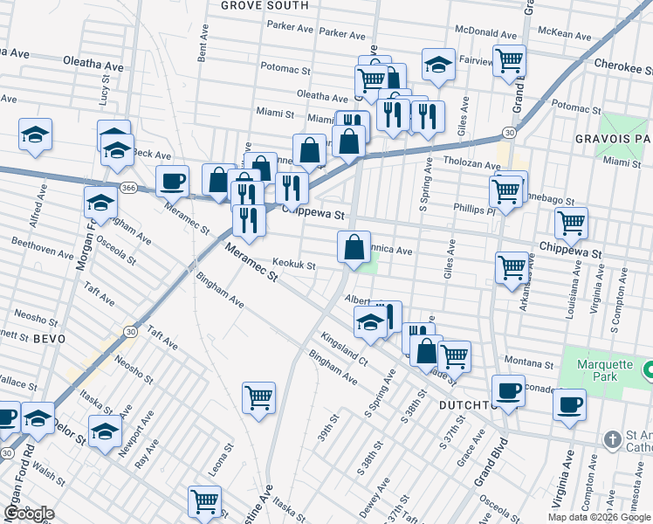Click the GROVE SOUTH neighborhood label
(265, 5)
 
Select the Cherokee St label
(622, 65)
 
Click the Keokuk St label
(293, 263)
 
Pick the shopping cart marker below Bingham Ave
(259, 397)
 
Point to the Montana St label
(530, 362)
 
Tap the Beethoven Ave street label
(41, 252)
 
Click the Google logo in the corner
(29, 513)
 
